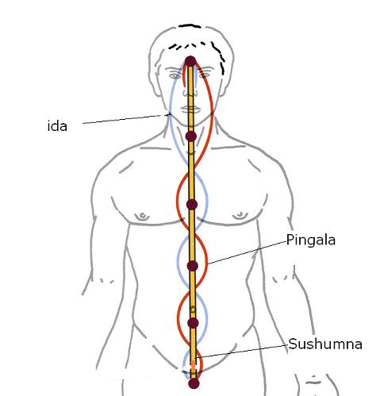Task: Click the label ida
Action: point(57,126)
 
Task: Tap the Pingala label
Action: point(311,240)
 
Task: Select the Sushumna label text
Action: point(325,344)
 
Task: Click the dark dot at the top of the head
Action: point(190,61)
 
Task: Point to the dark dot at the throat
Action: point(191,136)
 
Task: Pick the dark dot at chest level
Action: point(192,205)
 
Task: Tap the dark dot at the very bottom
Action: point(194,383)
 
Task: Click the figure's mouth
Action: point(191,109)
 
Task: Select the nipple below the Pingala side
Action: point(240,216)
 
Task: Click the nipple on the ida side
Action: point(142,217)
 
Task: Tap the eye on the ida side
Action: point(175,76)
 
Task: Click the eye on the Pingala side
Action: point(203,75)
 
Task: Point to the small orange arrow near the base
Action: point(194,366)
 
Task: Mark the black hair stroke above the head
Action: point(190,26)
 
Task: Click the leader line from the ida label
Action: point(127,119)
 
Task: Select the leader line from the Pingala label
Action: point(247,253)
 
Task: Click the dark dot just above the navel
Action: point(193,266)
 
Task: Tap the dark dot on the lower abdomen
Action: point(193,323)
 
